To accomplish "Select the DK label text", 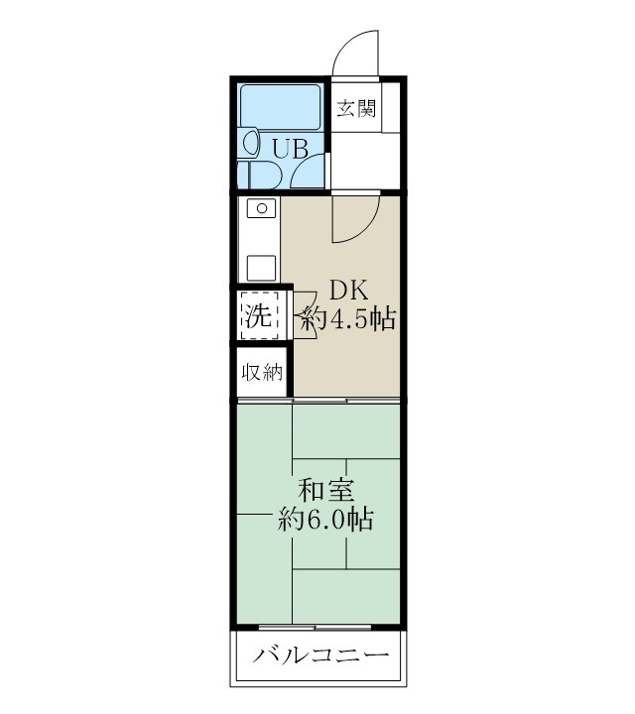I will click(x=349, y=290).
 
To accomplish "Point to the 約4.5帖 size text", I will click(x=349, y=319).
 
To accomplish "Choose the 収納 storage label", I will click(x=261, y=373).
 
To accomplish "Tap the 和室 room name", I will click(x=325, y=489).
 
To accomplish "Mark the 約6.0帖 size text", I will click(x=325, y=519).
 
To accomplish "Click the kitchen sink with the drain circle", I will click(x=261, y=210).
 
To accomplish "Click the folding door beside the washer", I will click(x=305, y=316).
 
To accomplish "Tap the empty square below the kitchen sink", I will click(x=261, y=269).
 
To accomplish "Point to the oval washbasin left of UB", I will click(x=250, y=142).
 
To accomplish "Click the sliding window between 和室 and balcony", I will click(x=316, y=628).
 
